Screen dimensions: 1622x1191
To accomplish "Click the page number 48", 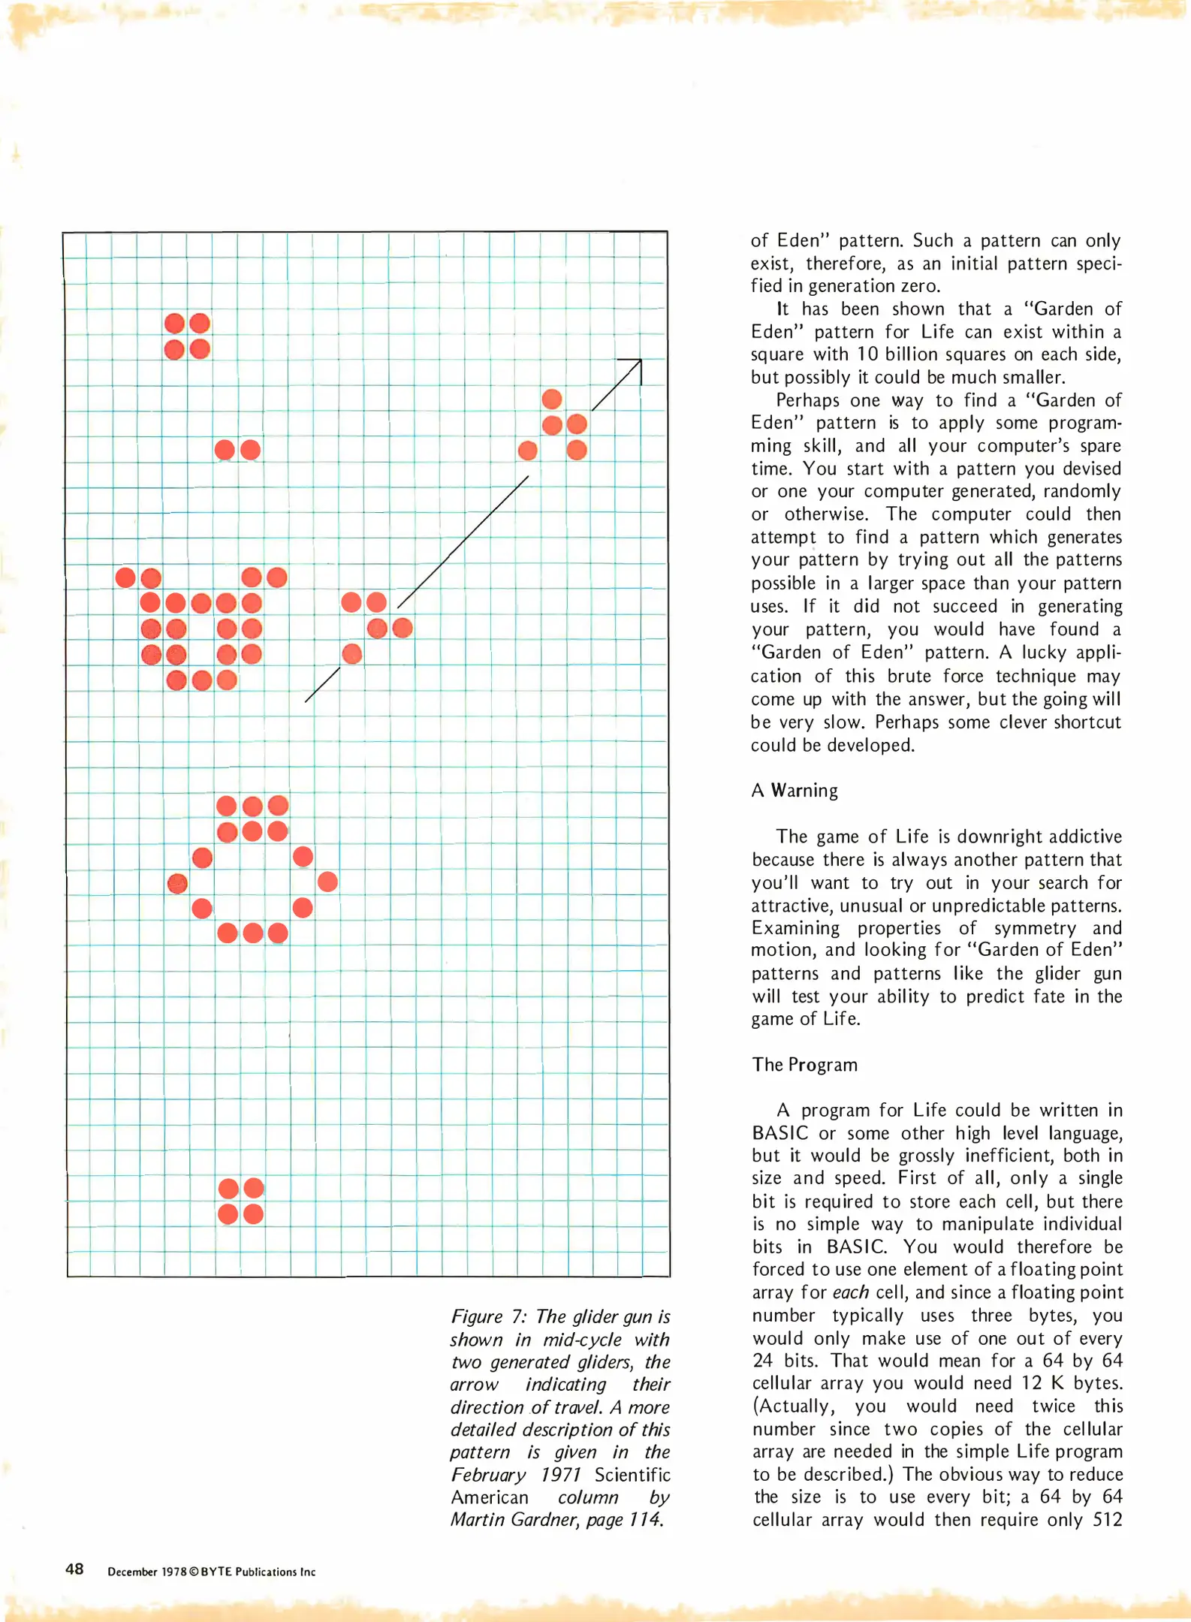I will [x=74, y=1569].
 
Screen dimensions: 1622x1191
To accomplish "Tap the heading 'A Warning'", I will [x=794, y=790].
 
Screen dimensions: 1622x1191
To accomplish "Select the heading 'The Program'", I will [x=804, y=1064].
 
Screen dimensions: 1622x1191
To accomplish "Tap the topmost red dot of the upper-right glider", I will [x=552, y=399].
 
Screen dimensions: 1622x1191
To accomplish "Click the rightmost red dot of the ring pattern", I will [x=327, y=882].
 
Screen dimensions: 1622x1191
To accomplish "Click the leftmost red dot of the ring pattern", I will [x=177, y=883].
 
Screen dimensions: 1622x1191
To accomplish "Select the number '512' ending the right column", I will [x=1108, y=1519].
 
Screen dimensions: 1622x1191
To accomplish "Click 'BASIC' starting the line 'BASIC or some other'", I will [x=780, y=1133].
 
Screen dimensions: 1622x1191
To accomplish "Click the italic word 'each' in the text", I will [x=850, y=1292].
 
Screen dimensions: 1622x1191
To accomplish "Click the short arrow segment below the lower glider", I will [x=322, y=684].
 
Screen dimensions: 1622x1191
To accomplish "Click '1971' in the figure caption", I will [x=562, y=1474].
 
